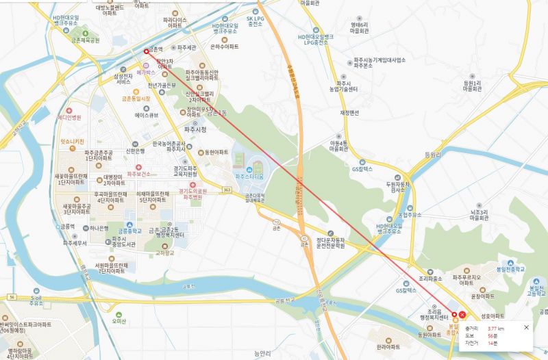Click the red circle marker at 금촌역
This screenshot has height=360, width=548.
tap(146, 51)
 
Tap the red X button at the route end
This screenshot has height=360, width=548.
tap(462, 315)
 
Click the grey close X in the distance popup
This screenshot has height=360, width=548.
tap(526, 327)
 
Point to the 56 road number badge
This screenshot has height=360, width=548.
tap(12, 297)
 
